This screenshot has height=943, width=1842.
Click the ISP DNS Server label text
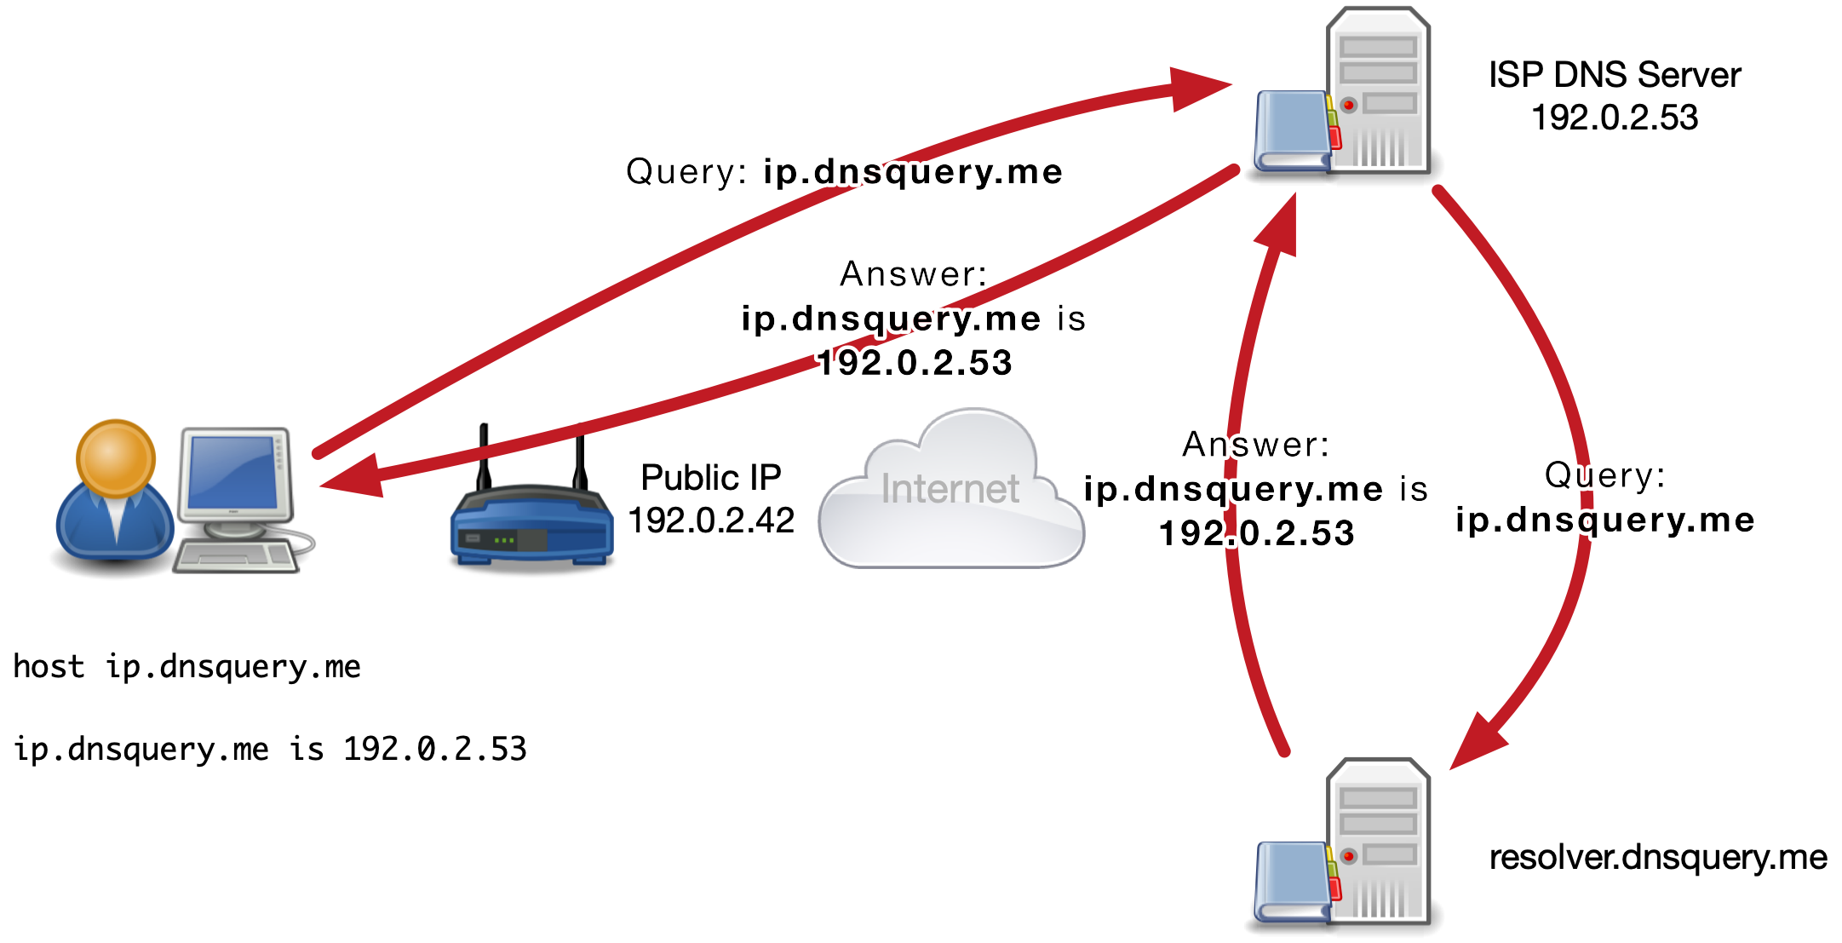tap(1614, 75)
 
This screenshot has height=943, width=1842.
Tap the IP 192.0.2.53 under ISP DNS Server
tap(1614, 118)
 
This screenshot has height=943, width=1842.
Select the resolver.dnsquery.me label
tap(1657, 857)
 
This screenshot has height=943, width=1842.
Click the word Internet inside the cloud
tap(950, 489)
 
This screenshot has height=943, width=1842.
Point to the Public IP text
tap(710, 477)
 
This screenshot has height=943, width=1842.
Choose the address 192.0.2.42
tap(710, 520)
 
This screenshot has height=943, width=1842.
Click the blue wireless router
tap(531, 528)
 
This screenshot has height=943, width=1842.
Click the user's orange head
tap(116, 457)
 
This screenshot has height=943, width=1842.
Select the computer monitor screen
tap(233, 473)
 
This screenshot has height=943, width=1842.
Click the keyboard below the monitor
tap(235, 556)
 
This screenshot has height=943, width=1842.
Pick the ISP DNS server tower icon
tap(1378, 89)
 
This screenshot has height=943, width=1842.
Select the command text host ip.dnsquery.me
tap(186, 666)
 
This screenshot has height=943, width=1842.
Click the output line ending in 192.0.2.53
tap(270, 749)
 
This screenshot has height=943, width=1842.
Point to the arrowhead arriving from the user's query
tap(1201, 86)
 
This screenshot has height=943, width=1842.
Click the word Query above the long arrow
tap(685, 172)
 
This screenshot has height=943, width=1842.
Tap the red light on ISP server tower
tap(1349, 105)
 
